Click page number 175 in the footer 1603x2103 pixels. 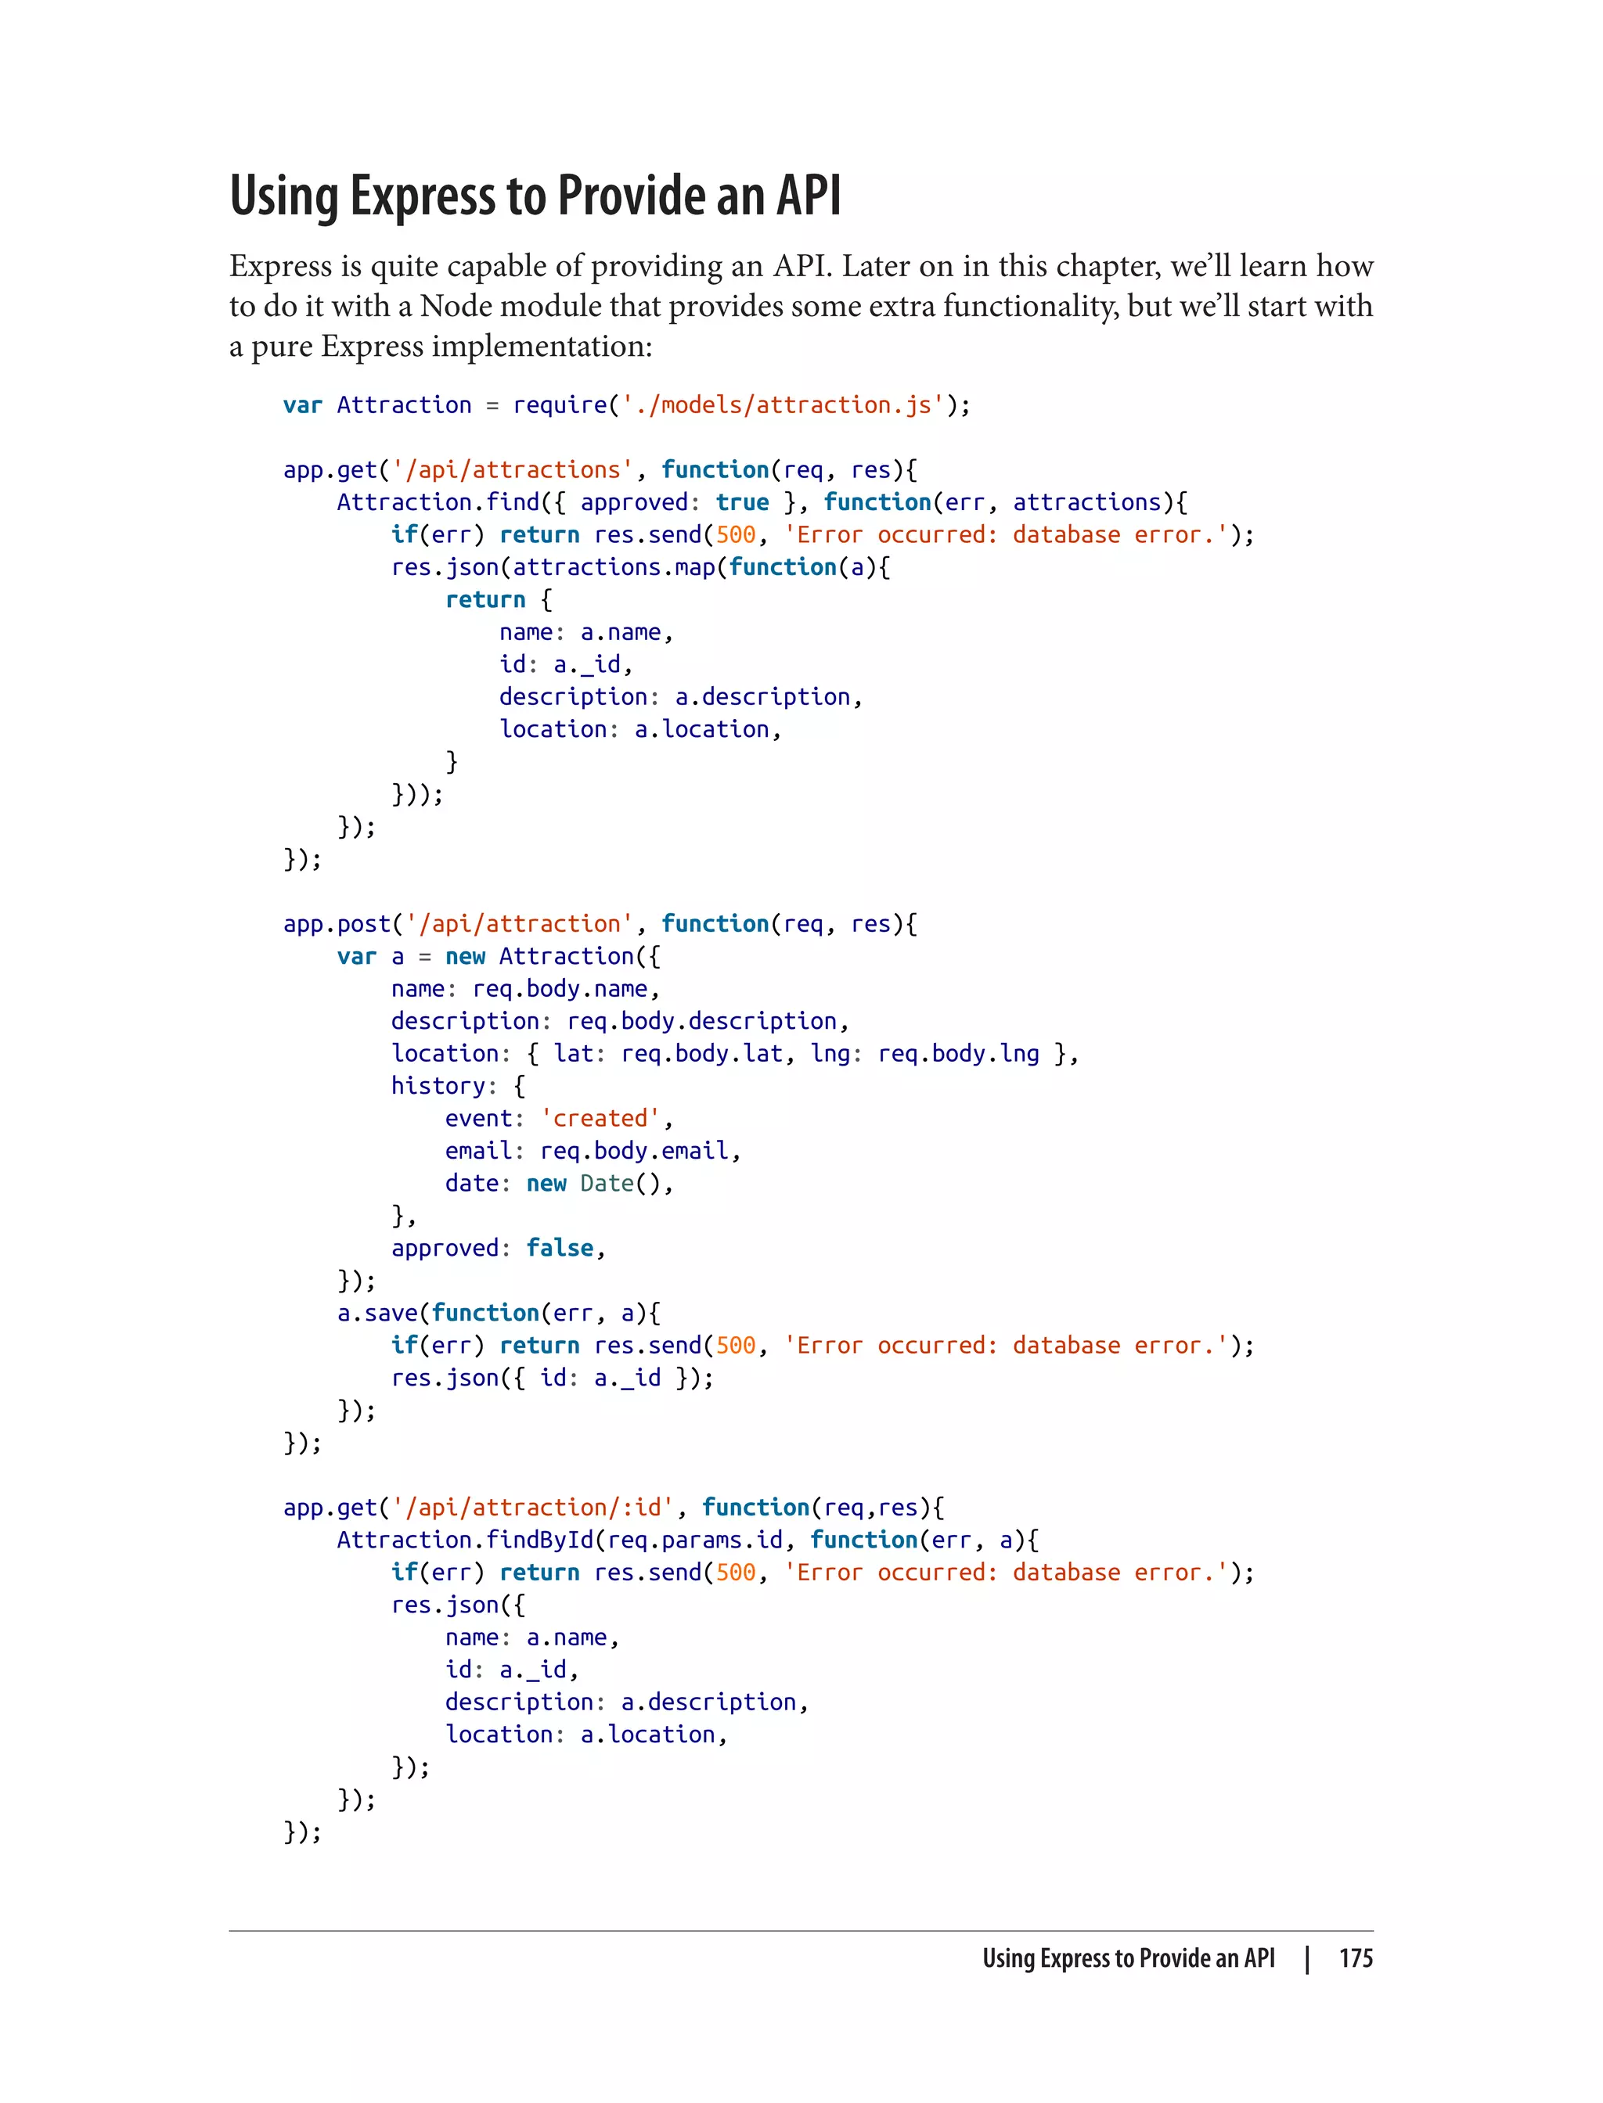pyautogui.click(x=1355, y=1958)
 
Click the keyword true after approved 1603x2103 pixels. pyautogui.click(x=742, y=502)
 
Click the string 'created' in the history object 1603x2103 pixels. pyautogui.click(x=600, y=1119)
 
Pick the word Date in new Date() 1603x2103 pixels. pyautogui.click(x=607, y=1184)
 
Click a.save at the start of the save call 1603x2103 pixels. pyautogui.click(x=378, y=1314)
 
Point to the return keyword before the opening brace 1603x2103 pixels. pyautogui.click(x=485, y=600)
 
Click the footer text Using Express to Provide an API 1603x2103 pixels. pyautogui.click(x=1129, y=1958)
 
